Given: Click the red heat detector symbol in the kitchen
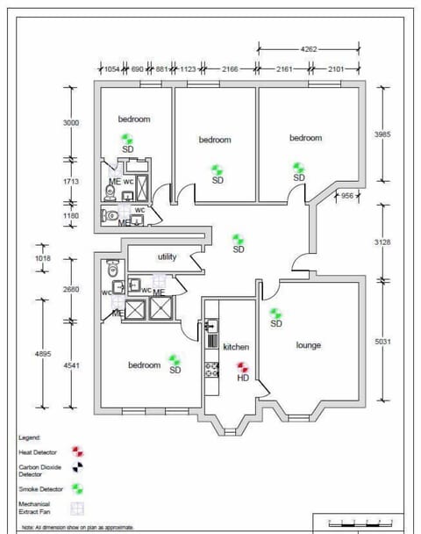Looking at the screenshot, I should coord(243,369).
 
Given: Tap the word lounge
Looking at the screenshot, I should coord(308,345).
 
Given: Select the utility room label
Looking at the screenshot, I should coord(167,257).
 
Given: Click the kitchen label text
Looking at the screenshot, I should coord(236,347).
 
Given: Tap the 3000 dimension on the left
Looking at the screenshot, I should coord(71,123).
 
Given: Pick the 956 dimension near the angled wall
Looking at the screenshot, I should coord(348,195).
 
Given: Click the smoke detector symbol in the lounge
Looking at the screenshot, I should coord(275,313).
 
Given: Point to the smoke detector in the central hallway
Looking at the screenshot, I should coord(238,238).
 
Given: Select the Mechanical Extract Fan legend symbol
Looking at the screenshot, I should coord(78,508).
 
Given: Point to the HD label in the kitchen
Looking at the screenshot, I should coord(243,379).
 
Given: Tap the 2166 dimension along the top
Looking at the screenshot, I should coord(231,68).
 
